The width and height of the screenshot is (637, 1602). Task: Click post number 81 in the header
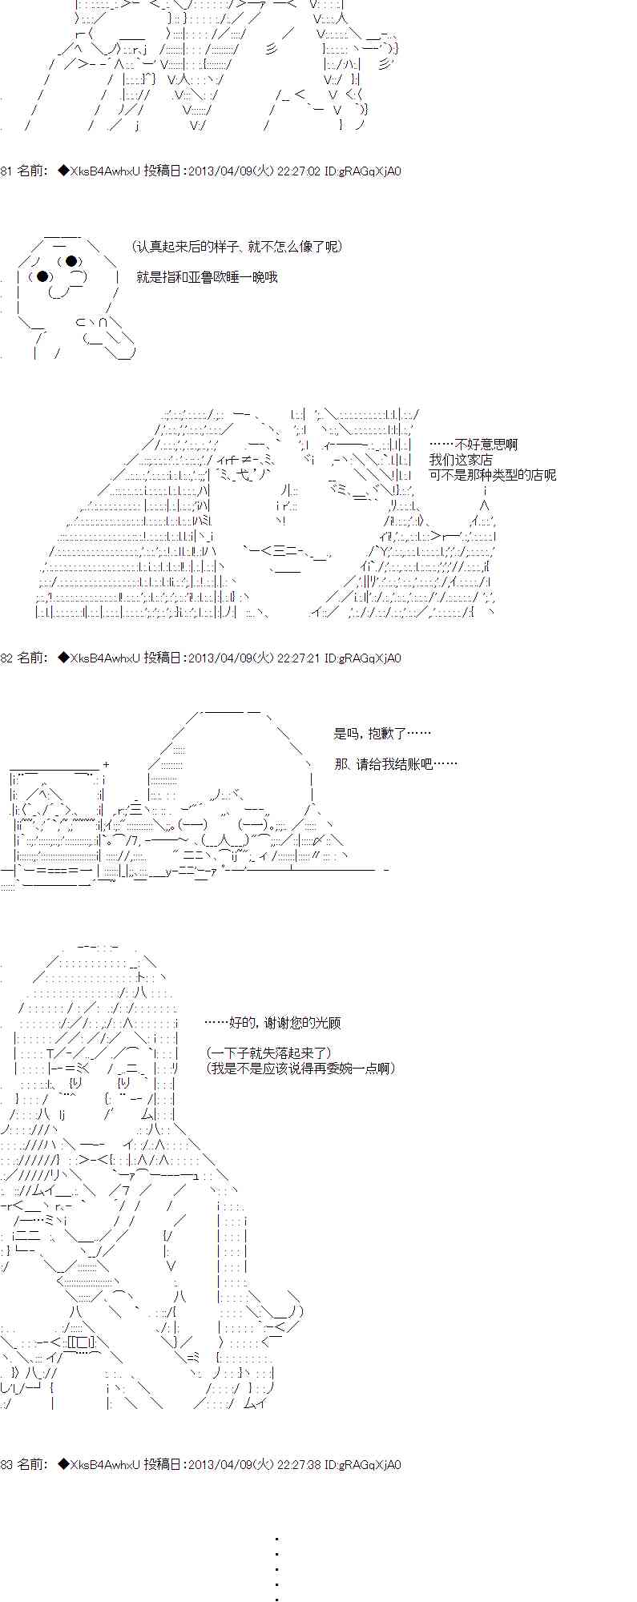(6, 171)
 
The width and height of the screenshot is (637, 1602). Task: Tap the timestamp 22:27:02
(299, 171)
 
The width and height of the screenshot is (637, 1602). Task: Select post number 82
(6, 658)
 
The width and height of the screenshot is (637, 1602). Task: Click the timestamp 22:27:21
(299, 658)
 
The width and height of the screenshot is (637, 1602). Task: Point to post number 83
(6, 1464)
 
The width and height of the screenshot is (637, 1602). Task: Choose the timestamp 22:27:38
(299, 1464)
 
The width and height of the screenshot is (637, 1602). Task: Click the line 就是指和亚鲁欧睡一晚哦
(207, 277)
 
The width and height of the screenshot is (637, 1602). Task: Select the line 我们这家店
(461, 460)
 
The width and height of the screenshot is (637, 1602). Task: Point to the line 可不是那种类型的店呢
(492, 475)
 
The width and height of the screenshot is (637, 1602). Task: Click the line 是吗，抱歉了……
(382, 733)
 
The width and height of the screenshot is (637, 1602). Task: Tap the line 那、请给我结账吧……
(396, 764)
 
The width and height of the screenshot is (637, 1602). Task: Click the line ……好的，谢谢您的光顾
(272, 1023)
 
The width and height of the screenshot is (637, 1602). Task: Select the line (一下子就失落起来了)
(268, 1053)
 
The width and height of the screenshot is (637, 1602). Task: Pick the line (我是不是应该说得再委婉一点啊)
(300, 1069)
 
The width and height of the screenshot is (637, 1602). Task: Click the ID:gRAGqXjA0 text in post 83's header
(362, 1464)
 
